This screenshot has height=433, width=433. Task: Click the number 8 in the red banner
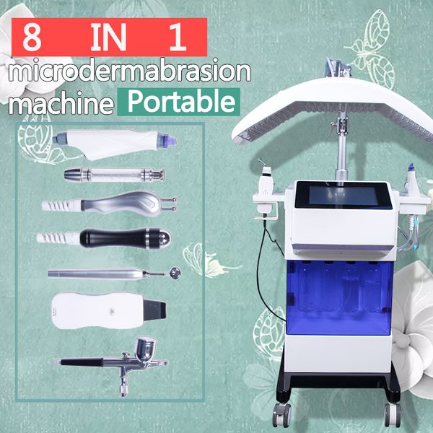pyautogui.click(x=31, y=37)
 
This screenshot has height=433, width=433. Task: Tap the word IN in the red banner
pyautogui.click(x=105, y=37)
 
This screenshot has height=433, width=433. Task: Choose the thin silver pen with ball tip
pyautogui.click(x=108, y=273)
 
